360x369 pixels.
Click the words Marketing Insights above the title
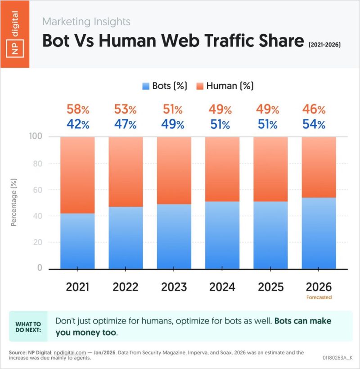pyautogui.click(x=86, y=21)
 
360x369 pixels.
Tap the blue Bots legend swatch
pyautogui.click(x=146, y=86)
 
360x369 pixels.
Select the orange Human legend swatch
pyautogui.click(x=200, y=86)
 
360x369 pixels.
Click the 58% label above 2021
pyautogui.click(x=78, y=109)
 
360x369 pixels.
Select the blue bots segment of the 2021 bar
pyautogui.click(x=78, y=241)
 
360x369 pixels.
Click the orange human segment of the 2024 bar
pyautogui.click(x=223, y=169)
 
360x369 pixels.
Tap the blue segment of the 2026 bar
pyautogui.click(x=319, y=233)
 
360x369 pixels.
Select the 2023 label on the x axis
pyautogui.click(x=174, y=287)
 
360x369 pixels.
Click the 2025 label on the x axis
pyautogui.click(x=270, y=287)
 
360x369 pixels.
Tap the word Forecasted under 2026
pyautogui.click(x=319, y=297)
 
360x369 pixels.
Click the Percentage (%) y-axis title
pyautogui.click(x=14, y=203)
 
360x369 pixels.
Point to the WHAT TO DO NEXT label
pyautogui.click(x=28, y=327)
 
